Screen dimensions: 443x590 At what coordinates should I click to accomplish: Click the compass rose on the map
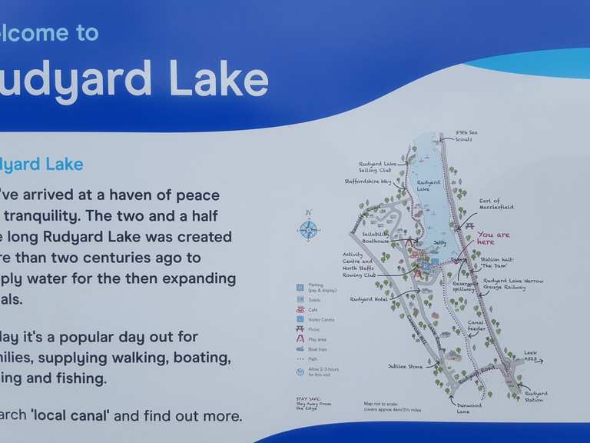tap(308, 229)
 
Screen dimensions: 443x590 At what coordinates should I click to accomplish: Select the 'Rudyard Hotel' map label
tap(369, 299)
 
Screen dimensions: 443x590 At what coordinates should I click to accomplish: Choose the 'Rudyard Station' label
tap(535, 397)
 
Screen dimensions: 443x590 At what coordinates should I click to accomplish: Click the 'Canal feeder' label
tap(477, 325)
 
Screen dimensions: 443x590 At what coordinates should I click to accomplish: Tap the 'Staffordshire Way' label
tap(369, 182)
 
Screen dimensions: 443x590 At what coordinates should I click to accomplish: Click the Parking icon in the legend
tap(300, 287)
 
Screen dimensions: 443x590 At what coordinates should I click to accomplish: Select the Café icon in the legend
tap(300, 309)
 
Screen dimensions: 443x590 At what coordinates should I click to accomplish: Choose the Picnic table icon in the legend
tap(300, 329)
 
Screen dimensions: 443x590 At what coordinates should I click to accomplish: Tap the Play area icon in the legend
tap(300, 339)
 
